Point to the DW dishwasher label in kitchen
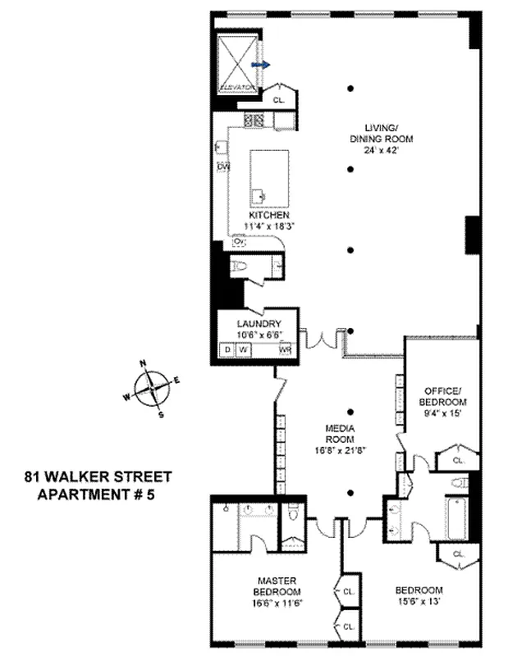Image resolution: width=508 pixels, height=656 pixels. (x=222, y=167)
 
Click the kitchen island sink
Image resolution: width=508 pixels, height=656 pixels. (x=259, y=195)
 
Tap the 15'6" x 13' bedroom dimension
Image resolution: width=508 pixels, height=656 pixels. (x=419, y=601)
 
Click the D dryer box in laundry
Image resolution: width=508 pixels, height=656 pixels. (x=227, y=349)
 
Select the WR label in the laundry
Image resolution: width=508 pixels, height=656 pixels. (x=286, y=349)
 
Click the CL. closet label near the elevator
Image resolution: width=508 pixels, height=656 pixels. (x=278, y=100)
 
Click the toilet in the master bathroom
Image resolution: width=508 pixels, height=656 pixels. (x=292, y=517)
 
